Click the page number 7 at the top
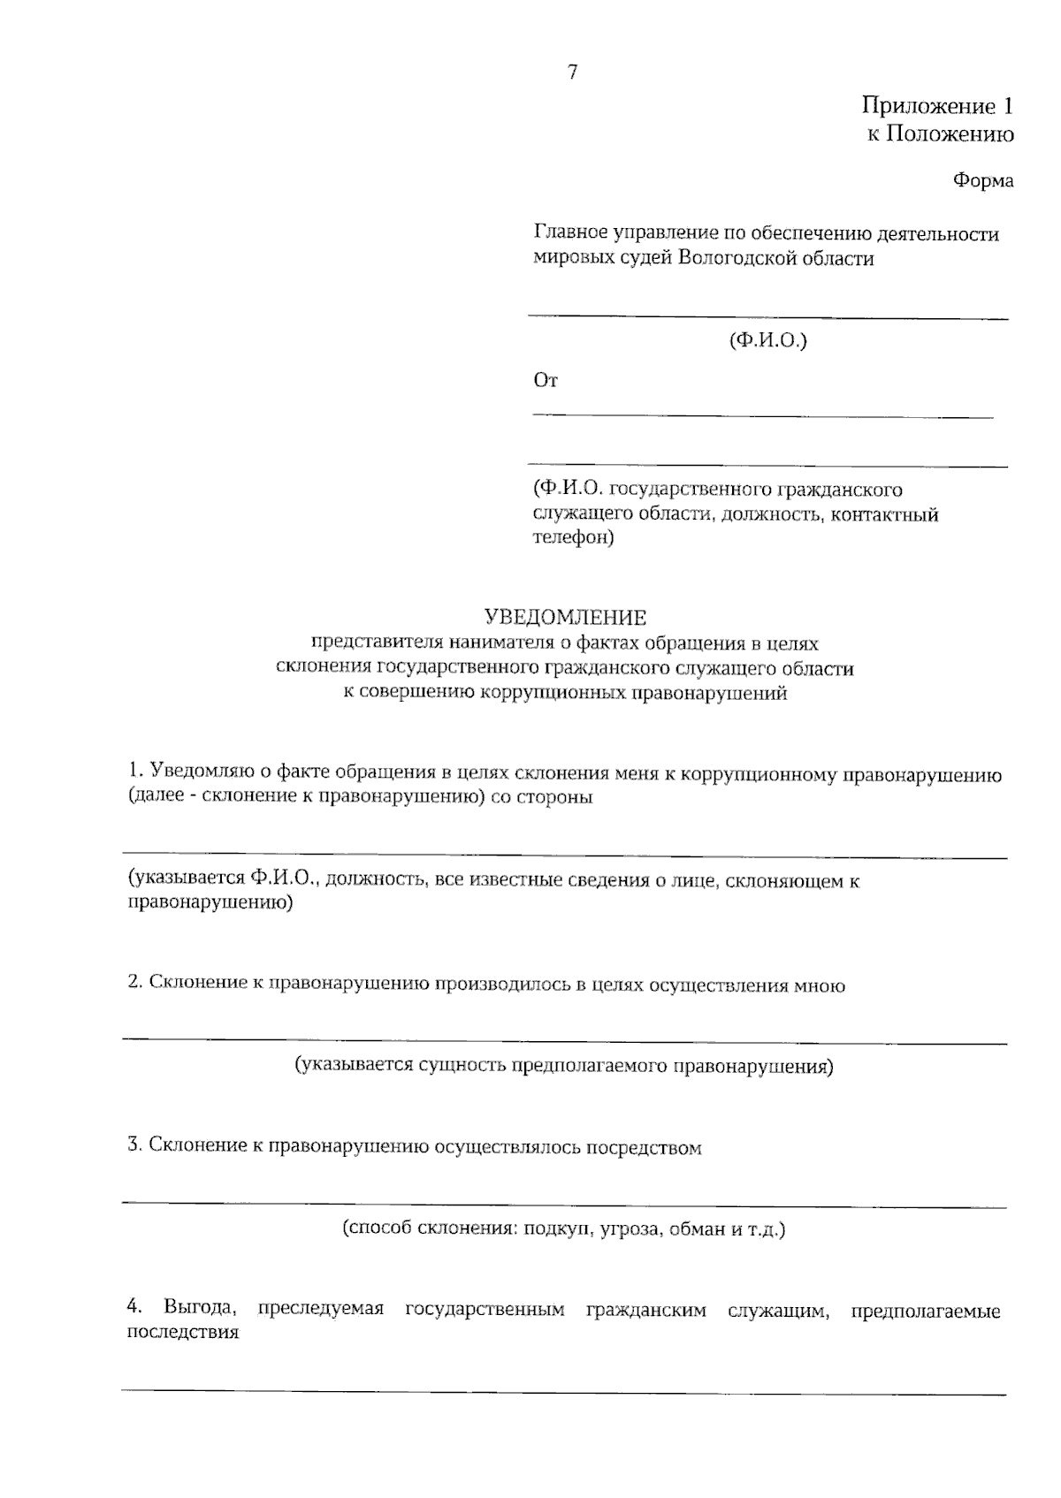(572, 73)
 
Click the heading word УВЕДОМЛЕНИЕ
(565, 617)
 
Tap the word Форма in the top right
(982, 180)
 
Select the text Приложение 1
(936, 107)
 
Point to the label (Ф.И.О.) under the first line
(767, 340)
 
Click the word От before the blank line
(546, 381)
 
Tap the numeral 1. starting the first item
(134, 774)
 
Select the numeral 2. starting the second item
(134, 984)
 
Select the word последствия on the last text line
(183, 1334)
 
